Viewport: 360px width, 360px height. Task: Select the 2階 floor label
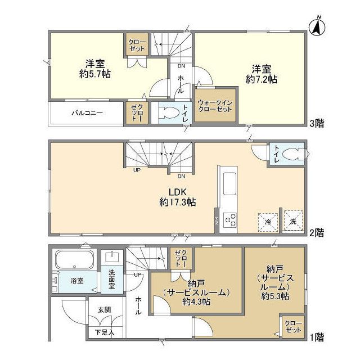point(317,232)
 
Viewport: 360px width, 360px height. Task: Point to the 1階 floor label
point(317,337)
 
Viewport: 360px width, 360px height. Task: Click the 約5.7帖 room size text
point(93,72)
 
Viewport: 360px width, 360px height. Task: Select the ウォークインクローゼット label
point(216,105)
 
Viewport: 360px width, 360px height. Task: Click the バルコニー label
point(86,112)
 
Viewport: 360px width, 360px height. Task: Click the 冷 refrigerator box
point(267,220)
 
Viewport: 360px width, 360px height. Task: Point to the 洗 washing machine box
point(293,220)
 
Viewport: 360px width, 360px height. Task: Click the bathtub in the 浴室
point(75,261)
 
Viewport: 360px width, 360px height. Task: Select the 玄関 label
point(104,309)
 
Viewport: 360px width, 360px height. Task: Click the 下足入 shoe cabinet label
point(103,332)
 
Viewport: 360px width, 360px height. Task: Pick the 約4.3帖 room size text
point(196,301)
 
